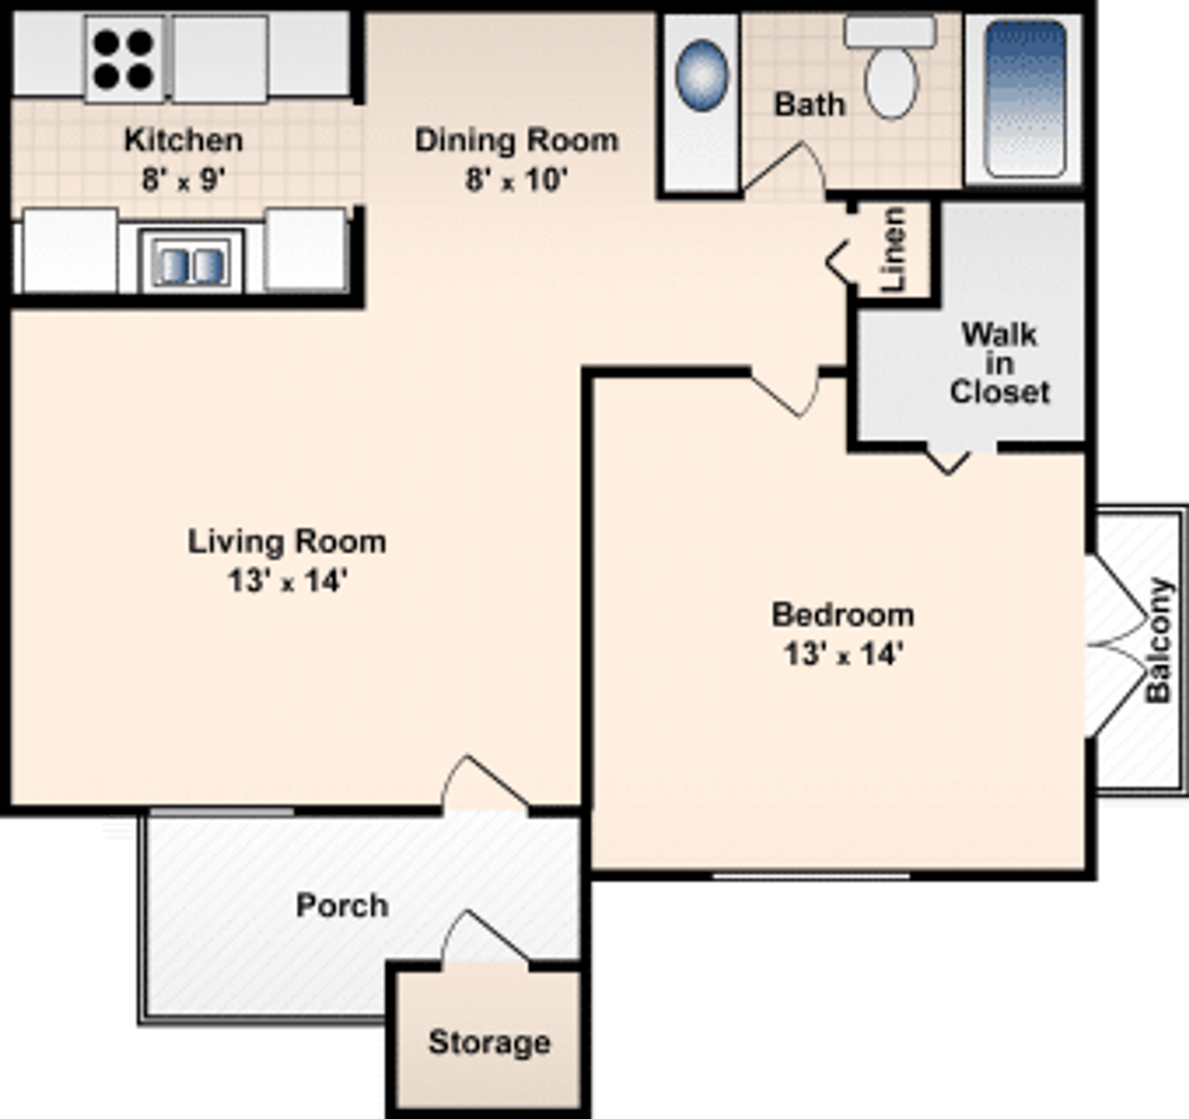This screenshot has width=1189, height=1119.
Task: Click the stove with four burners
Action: click(x=124, y=59)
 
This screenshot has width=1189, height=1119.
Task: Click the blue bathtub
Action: click(x=1025, y=99)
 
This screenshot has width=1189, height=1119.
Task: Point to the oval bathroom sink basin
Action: click(x=701, y=76)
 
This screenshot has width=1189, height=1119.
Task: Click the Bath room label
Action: click(x=809, y=105)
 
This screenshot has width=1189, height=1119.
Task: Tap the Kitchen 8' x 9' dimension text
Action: click(x=184, y=180)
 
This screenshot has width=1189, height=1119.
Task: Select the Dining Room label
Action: click(x=516, y=141)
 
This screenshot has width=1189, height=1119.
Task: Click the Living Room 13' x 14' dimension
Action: click(x=287, y=581)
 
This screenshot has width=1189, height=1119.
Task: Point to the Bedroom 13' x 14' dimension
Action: click(x=843, y=654)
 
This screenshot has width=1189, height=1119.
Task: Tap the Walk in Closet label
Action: click(x=999, y=364)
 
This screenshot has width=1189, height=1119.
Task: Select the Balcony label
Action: click(x=1158, y=640)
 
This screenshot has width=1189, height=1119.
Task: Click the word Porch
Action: click(x=342, y=905)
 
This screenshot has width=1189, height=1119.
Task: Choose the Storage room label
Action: click(x=489, y=1042)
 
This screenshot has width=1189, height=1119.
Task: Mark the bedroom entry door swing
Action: click(x=786, y=393)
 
